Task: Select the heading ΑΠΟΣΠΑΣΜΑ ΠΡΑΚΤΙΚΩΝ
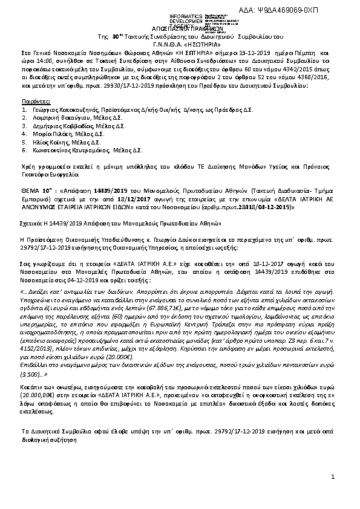click(180, 28)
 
